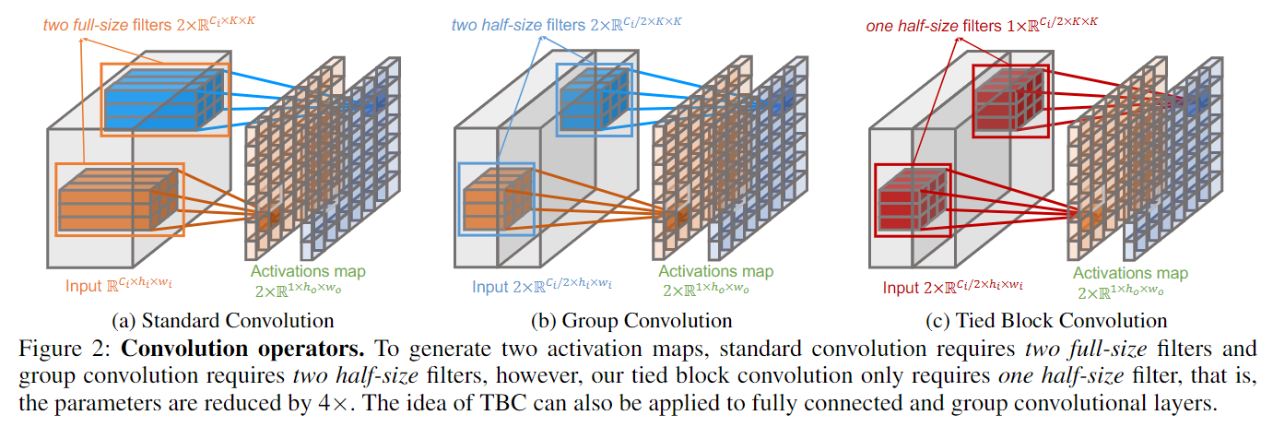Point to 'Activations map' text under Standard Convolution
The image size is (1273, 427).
tap(308, 272)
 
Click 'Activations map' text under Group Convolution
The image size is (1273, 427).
tap(715, 272)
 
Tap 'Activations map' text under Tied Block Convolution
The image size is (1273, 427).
tap(1130, 274)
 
